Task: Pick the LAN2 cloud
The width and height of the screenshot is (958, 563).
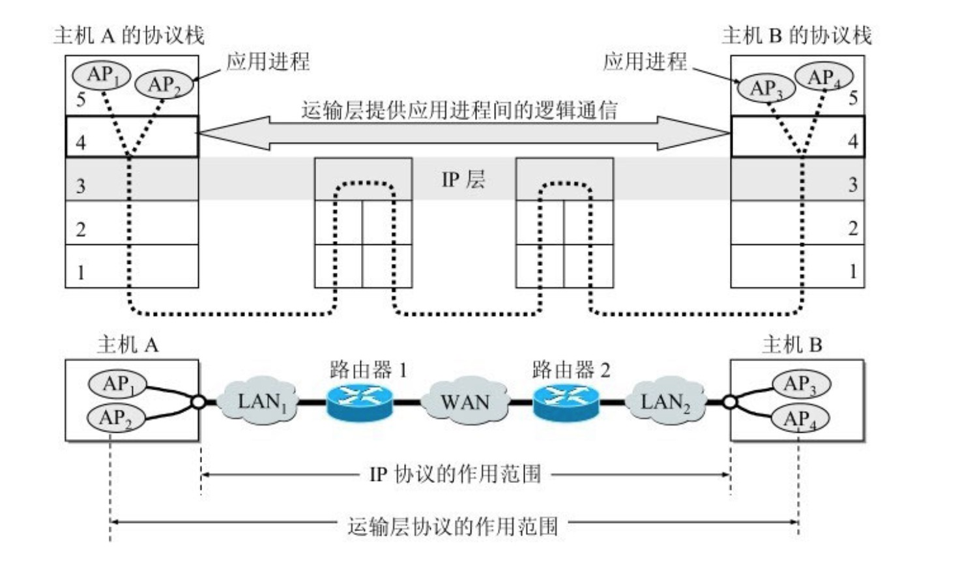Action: [665, 401]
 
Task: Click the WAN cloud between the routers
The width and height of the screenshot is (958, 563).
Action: [464, 401]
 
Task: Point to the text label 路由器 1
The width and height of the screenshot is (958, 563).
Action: [368, 370]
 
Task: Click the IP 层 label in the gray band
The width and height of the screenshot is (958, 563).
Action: [463, 179]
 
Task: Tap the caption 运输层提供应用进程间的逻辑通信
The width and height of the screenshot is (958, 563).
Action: [459, 109]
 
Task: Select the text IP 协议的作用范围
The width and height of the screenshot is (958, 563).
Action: [455, 474]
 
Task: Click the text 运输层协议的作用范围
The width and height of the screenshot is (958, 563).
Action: [453, 525]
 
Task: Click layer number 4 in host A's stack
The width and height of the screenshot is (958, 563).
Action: [81, 142]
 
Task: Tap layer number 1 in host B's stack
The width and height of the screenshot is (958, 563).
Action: [852, 271]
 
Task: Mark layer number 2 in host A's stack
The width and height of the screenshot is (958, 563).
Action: [81, 229]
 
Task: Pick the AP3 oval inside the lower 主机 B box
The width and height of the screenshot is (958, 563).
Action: [800, 384]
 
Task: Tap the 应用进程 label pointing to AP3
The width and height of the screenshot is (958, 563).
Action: [645, 62]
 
